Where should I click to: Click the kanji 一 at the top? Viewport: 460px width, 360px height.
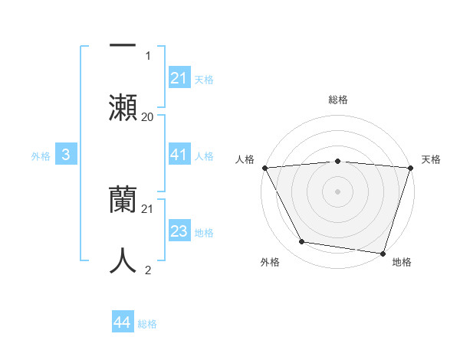(123, 44)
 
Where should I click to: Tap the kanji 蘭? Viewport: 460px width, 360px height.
(123, 201)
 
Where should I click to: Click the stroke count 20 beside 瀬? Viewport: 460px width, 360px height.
(147, 116)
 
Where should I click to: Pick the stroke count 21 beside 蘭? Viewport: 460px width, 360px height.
(148, 208)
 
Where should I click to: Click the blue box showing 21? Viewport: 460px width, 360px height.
(179, 78)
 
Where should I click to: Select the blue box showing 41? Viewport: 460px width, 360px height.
(179, 155)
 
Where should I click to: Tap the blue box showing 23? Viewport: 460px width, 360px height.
(179, 231)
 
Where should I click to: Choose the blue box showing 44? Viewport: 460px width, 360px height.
(123, 322)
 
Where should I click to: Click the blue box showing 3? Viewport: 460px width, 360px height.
(66, 155)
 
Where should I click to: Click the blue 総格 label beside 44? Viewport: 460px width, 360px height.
(147, 323)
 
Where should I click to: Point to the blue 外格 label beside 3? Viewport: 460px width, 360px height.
(41, 155)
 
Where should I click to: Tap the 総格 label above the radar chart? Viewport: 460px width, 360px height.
(338, 100)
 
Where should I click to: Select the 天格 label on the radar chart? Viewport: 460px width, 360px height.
(431, 159)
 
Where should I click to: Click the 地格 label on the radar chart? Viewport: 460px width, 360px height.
(402, 262)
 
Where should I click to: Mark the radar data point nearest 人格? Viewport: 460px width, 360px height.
(264, 168)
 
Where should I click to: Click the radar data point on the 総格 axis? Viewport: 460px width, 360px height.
(337, 161)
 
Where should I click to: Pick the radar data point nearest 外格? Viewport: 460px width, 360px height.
(302, 242)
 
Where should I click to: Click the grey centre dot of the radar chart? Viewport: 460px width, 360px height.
(337, 191)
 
